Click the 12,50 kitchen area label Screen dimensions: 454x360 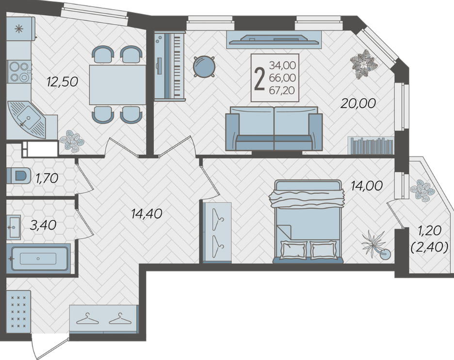point(63,82)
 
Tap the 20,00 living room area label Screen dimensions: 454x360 point(358,103)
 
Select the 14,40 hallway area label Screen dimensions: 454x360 point(146,214)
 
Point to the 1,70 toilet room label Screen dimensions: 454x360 point(47,178)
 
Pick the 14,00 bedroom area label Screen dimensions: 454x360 point(367,186)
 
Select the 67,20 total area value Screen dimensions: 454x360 point(282,91)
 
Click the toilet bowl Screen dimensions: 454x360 point(18,176)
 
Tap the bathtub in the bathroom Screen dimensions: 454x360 point(38,259)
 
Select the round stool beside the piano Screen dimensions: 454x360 point(204,66)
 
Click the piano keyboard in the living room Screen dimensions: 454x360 point(169,66)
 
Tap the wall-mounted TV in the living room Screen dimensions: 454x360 point(274,40)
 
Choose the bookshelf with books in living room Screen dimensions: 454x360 point(371,146)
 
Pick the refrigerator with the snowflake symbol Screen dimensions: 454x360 point(20,29)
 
